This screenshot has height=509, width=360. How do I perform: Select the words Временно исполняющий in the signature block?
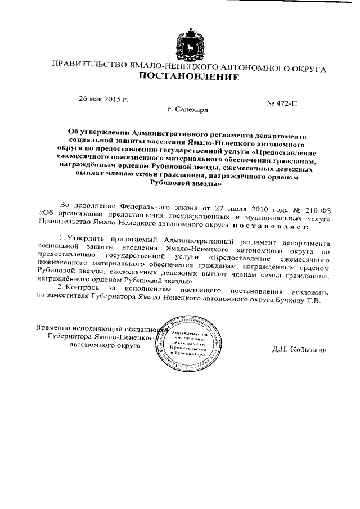73,328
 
